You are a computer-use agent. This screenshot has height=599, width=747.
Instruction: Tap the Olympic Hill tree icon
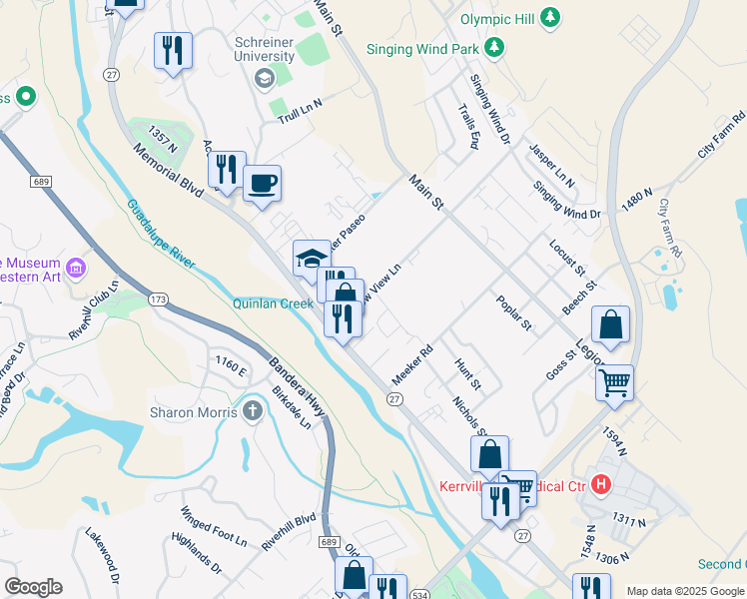tap(548, 17)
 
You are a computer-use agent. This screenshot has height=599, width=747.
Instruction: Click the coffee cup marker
tap(262, 184)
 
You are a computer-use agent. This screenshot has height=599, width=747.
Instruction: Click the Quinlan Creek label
tap(274, 303)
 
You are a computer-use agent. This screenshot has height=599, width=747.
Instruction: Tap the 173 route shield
tap(158, 299)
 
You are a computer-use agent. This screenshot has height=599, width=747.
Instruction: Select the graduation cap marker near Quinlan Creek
tap(312, 259)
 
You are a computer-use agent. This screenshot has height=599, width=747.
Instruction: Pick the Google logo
tap(33, 587)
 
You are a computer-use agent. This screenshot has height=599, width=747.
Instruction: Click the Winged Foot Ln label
tap(213, 527)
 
